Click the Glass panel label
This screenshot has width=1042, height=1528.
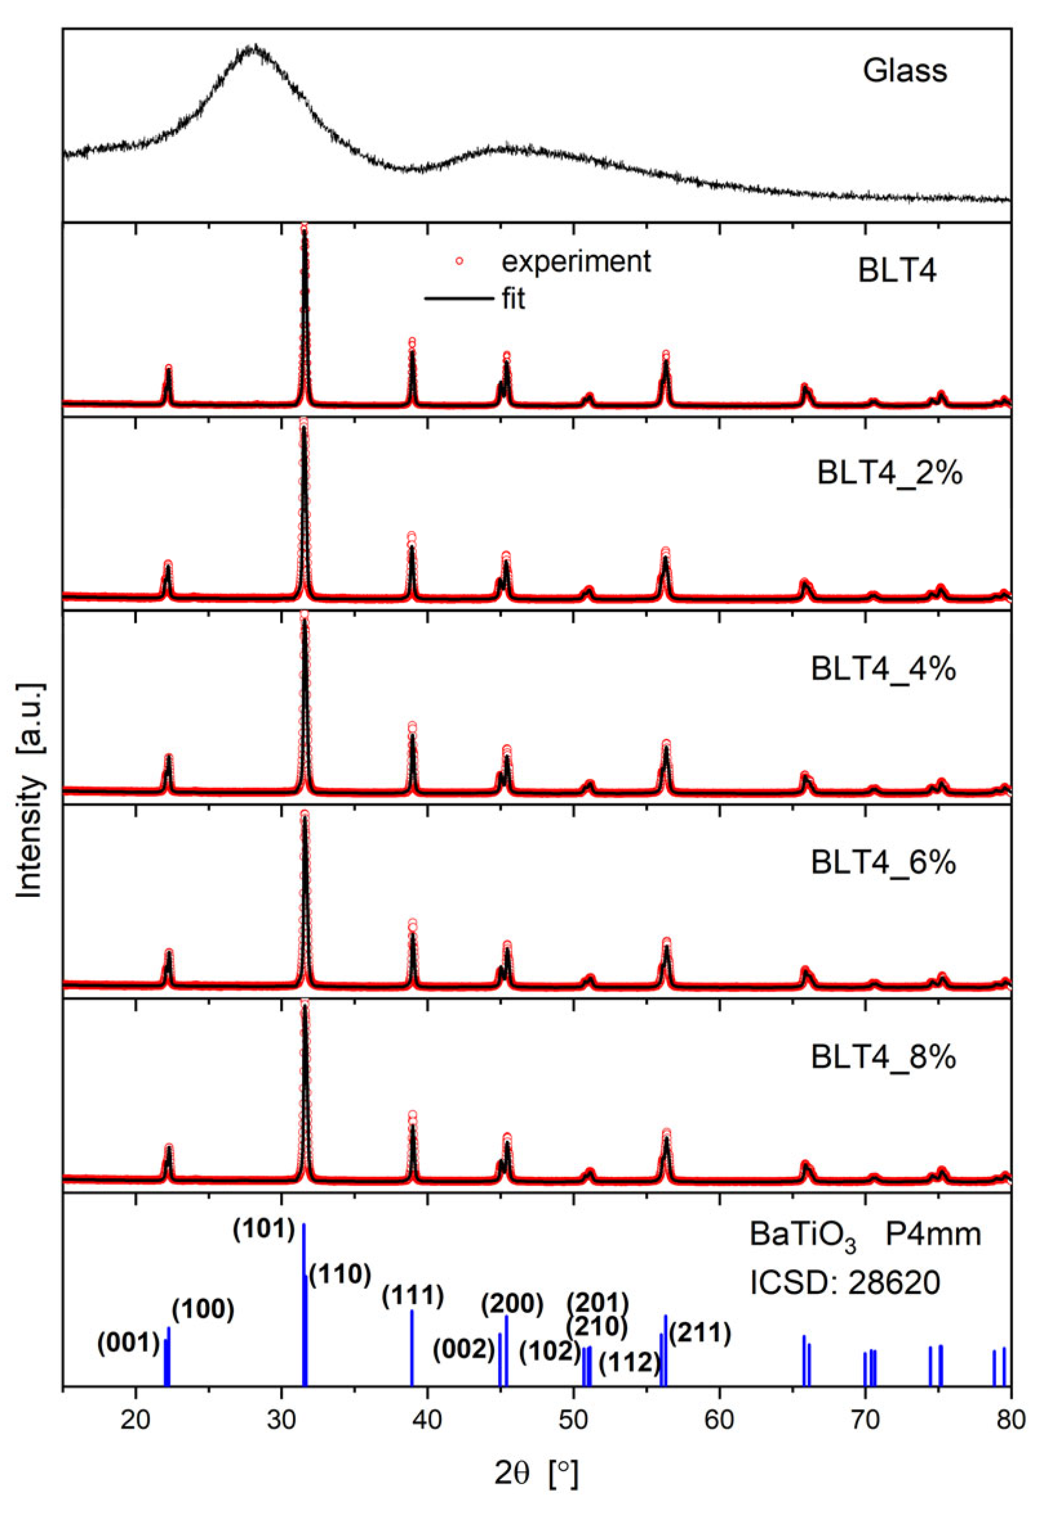904,71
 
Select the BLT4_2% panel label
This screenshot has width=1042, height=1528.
889,474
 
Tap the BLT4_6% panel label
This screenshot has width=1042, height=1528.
883,863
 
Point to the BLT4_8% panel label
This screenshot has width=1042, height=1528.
883,1057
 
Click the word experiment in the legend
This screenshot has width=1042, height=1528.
576,261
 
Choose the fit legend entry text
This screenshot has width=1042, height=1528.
514,299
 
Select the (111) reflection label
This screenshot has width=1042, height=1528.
413,1296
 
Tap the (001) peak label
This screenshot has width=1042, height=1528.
128,1343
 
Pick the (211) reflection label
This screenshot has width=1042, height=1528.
699,1333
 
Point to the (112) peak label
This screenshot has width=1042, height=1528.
629,1363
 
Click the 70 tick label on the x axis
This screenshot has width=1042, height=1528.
865,1420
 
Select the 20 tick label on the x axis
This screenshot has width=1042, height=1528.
135,1420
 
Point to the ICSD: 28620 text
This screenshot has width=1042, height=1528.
845,1283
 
